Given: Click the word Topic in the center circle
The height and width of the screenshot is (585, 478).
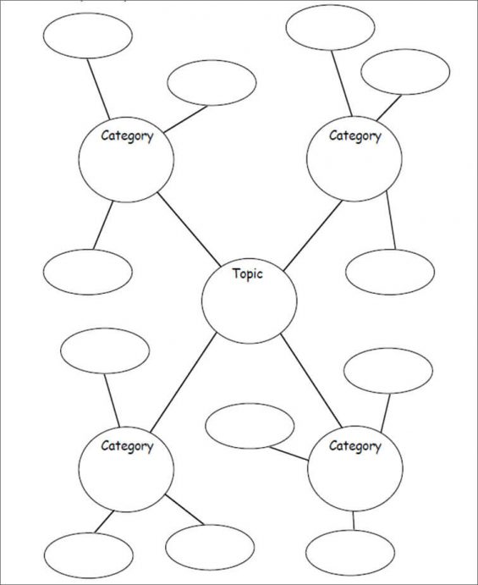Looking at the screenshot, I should [x=248, y=273].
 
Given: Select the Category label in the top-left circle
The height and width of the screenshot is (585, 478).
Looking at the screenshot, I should [x=127, y=135].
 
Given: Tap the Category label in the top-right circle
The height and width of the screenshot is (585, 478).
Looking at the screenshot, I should [x=354, y=135].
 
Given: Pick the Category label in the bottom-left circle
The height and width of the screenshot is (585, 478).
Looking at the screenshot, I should [x=127, y=445].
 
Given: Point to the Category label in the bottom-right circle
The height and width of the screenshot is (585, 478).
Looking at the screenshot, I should [x=354, y=445].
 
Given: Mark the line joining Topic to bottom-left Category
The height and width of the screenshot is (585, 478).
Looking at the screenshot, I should [x=184, y=381].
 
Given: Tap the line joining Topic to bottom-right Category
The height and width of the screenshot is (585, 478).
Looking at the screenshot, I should [x=310, y=380].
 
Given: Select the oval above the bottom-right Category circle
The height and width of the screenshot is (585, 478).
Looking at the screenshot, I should [x=388, y=370].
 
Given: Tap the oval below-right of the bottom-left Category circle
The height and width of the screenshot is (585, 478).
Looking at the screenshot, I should [x=209, y=546].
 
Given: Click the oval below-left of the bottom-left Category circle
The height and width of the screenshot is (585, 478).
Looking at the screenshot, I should [x=88, y=555].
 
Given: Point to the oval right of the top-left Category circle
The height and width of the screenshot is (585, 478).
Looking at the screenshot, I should [x=212, y=83].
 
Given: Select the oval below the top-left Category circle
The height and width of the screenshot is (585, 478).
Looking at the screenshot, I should [x=88, y=272].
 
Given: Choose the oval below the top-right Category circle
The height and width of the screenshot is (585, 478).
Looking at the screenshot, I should [x=389, y=272].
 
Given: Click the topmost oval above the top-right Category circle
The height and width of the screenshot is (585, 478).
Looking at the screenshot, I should [x=330, y=27].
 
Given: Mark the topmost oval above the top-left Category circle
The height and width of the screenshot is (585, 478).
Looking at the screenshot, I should [x=88, y=36].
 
